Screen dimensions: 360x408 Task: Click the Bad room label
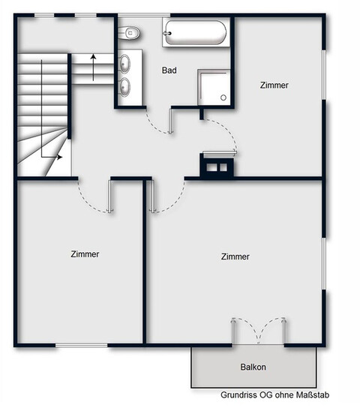pos(169,70)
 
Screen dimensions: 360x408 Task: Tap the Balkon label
pos(253,367)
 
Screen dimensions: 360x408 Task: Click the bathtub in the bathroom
pos(196,32)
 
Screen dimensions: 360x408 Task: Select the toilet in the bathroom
pos(129,33)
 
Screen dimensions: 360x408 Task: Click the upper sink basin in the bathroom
pos(124,64)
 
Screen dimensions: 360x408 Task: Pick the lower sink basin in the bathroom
pos(124,87)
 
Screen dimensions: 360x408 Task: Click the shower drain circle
pos(223,97)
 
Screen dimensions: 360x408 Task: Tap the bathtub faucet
pos(166,33)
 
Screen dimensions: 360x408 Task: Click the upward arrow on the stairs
pos(94,67)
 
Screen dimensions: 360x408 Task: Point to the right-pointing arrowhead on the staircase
pos(60,157)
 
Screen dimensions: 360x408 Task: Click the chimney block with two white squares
pos(217,167)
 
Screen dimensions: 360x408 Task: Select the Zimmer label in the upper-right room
pos(274,85)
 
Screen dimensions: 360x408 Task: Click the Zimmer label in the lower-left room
pos(85,254)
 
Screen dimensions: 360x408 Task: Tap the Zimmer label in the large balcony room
pos(235,256)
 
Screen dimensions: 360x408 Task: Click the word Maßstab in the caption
pos(313,395)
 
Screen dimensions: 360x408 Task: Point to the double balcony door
pos(259,331)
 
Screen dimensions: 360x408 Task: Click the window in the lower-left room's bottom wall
pos(82,346)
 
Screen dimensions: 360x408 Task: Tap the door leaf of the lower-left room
pos(111,196)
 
